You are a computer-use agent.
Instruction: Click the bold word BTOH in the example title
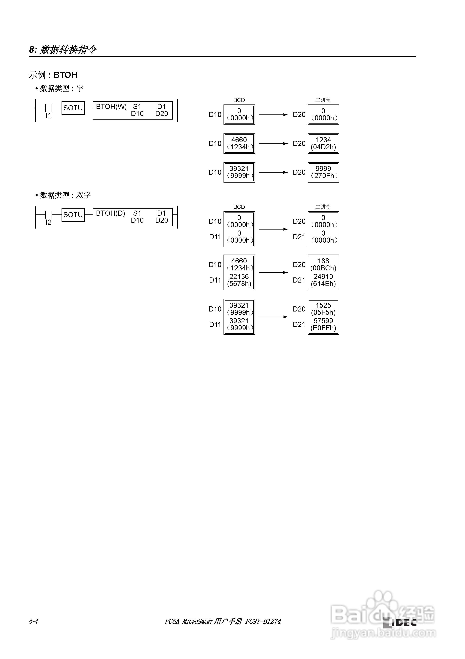tap(65, 75)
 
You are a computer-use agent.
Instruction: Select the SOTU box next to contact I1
tap(73, 108)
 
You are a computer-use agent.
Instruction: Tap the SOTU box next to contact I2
tap(73, 215)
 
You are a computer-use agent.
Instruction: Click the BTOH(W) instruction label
tap(111, 107)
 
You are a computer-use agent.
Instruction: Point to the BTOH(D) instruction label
tap(110, 213)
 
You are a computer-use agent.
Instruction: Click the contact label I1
tap(48, 115)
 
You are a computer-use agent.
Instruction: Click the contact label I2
tap(48, 222)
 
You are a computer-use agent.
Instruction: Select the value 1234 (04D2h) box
tap(323, 143)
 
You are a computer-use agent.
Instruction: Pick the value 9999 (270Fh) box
tap(323, 172)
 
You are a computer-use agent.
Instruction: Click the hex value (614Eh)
tap(323, 284)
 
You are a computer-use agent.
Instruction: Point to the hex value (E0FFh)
tap(323, 328)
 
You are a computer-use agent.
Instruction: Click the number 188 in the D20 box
tap(323, 261)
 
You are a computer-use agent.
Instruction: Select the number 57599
tap(323, 321)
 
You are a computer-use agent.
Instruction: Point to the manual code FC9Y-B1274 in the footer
tap(263, 621)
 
